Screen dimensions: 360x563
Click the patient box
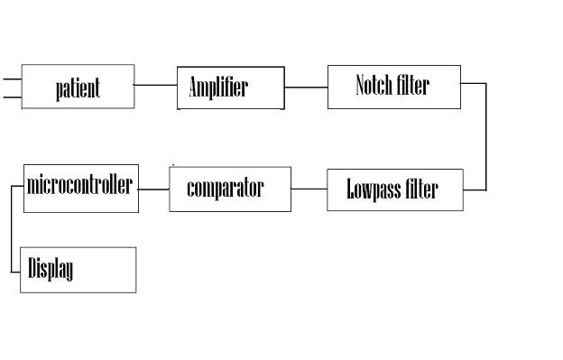[x=78, y=87]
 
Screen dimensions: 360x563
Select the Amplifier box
[x=230, y=88]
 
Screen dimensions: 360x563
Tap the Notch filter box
[x=393, y=87]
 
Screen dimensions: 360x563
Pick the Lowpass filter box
[x=394, y=189]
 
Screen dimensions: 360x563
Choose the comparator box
[x=229, y=189]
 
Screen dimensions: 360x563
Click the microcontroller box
[x=80, y=188]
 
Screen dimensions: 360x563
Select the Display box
[x=78, y=269]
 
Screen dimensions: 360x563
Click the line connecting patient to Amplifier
[x=155, y=86]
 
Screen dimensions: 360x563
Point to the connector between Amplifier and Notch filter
[x=306, y=88]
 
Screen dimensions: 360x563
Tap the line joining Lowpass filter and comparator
[x=309, y=189]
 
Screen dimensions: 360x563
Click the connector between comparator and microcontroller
[x=153, y=189]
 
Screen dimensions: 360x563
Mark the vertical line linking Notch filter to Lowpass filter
[x=486, y=137]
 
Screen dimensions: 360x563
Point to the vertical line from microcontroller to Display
[x=12, y=230]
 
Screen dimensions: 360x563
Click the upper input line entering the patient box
[x=11, y=78]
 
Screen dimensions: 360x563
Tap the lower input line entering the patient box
[x=11, y=95]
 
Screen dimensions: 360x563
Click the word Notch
[x=374, y=86]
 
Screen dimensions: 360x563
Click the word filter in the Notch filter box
[x=413, y=86]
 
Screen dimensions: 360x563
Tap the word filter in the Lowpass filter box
[x=421, y=189]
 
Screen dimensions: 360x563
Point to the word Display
[x=51, y=269]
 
